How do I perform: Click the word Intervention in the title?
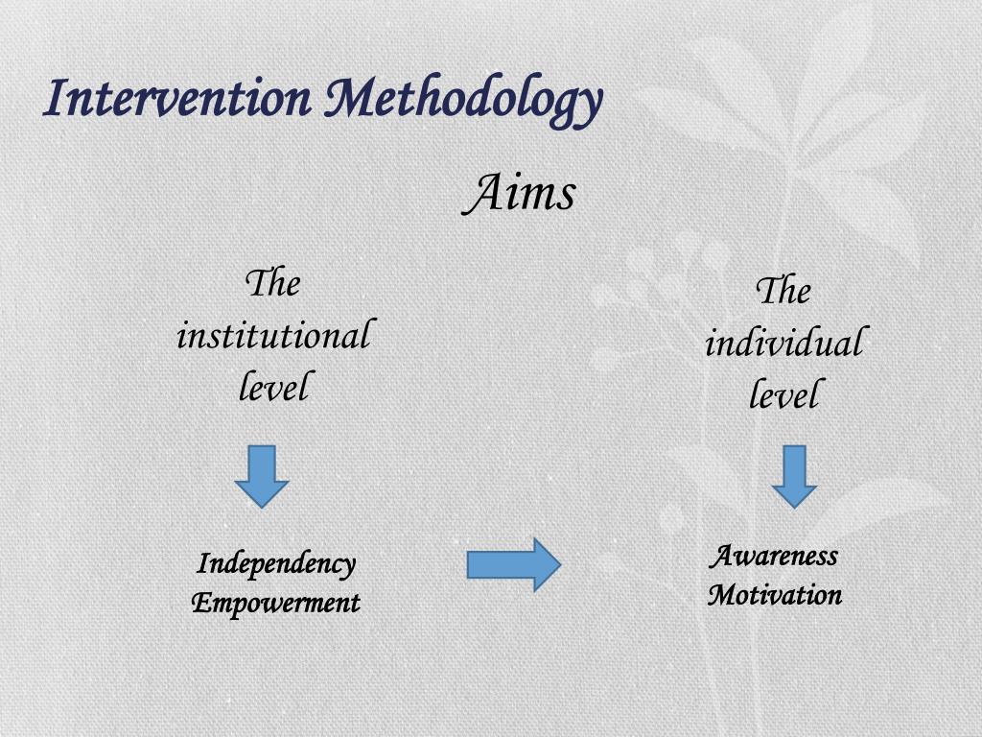(x=177, y=99)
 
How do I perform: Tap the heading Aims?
(x=520, y=193)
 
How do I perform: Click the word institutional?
(x=273, y=336)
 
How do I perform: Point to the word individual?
(x=783, y=343)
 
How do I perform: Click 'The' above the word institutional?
(x=273, y=284)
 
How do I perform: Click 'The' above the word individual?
(x=783, y=291)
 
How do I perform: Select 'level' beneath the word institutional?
(x=273, y=388)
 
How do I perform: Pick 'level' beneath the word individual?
(x=783, y=394)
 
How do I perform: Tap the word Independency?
(x=276, y=564)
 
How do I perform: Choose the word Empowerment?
(x=276, y=603)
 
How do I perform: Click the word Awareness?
(x=774, y=556)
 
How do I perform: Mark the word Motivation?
(x=775, y=594)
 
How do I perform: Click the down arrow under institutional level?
(x=262, y=475)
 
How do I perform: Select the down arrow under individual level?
(x=794, y=476)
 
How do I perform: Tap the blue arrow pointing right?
(x=513, y=564)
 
